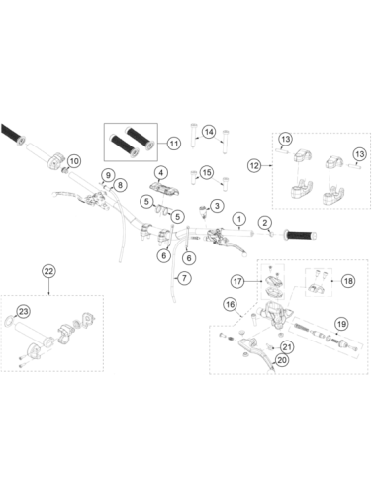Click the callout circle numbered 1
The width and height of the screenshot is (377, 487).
coord(239,219)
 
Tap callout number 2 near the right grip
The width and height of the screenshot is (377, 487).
coord(265,223)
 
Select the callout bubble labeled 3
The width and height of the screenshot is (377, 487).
coord(217,206)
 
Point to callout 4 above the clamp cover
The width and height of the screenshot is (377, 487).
coord(160,172)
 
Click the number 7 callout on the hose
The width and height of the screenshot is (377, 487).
coord(184,278)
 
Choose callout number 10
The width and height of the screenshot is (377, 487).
coord(74,161)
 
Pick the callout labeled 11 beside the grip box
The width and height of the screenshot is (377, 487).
coord(174,144)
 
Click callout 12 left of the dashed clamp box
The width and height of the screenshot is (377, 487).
coord(254,165)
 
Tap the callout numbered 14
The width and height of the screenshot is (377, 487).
coord(209,132)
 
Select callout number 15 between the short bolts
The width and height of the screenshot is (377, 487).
coord(207,172)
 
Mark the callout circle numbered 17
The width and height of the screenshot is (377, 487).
coord(237,281)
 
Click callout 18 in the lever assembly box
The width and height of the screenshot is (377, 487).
coord(348,281)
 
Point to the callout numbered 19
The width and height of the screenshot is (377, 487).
coord(342,324)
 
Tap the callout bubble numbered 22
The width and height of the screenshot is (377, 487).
coord(48,271)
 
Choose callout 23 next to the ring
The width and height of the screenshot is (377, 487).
coord(23,311)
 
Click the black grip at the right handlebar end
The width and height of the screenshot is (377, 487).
coord(301,235)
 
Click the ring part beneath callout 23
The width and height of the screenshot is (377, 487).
coord(9,321)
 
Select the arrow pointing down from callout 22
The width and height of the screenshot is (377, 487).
coord(48,287)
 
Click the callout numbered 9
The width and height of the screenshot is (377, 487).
coord(108,174)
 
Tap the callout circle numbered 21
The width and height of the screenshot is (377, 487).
coord(287,347)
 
